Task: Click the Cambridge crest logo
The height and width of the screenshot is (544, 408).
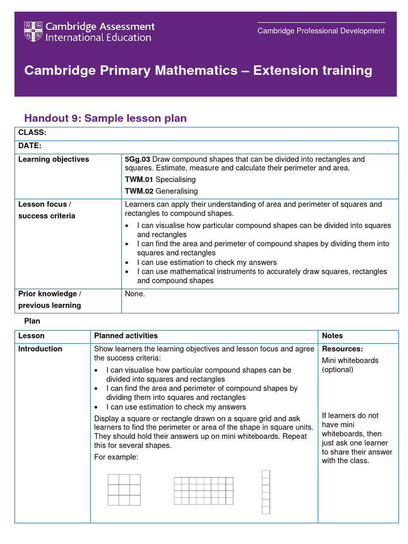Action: coord(33,32)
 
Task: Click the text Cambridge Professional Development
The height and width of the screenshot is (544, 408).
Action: coord(321,31)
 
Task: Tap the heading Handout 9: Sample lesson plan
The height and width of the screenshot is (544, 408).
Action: coord(106,118)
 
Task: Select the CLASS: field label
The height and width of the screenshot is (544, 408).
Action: coord(32,132)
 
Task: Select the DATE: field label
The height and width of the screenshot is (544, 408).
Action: coord(30,146)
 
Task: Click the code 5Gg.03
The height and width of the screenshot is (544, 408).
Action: coord(138,159)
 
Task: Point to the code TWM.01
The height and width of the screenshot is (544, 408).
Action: coord(139,180)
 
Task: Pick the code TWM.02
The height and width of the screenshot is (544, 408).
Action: coord(139,191)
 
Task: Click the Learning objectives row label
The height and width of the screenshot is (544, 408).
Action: coord(54,159)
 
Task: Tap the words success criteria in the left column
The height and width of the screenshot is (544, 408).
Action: coord(47,216)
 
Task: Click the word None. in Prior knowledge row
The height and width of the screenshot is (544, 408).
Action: coord(135,294)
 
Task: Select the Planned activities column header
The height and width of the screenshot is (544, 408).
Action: coord(126,336)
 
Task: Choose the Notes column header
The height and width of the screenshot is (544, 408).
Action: coord(332,336)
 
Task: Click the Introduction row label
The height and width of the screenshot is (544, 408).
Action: coord(40,349)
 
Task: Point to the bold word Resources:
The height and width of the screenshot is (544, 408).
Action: coord(342,349)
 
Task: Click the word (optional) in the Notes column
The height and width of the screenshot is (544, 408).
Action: coord(337,369)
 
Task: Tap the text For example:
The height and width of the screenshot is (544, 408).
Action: coord(116,457)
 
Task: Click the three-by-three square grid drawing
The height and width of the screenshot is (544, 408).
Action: coord(124,490)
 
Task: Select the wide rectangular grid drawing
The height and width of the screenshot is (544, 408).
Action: coord(203,491)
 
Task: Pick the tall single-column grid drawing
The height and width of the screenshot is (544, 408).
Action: coord(266,492)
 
